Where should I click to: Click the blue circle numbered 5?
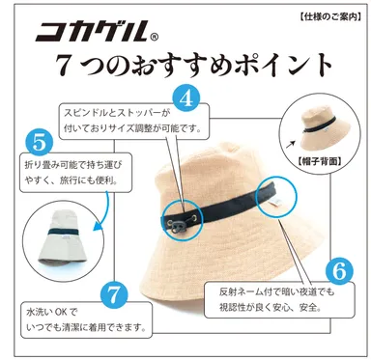[x=36, y=143]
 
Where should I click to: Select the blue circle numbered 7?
[x=113, y=294]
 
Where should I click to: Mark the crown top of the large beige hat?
[x=217, y=145]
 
